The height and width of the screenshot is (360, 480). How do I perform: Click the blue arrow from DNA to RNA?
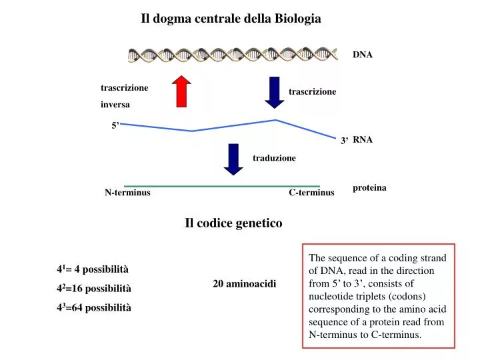click(274, 92)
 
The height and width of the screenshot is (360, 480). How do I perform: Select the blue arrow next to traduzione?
click(233, 159)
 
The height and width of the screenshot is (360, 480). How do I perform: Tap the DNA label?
click(363, 55)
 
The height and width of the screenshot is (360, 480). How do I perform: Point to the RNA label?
click(363, 139)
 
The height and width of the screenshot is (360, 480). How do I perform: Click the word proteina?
click(369, 188)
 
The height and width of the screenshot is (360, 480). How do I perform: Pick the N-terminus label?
click(127, 193)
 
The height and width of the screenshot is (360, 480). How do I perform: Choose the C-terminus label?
click(311, 193)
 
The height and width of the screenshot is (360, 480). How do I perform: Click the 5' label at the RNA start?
click(115, 125)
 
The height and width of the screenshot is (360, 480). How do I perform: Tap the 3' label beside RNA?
click(345, 141)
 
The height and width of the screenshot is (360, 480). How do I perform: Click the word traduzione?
click(274, 158)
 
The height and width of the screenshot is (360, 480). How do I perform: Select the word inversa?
click(115, 105)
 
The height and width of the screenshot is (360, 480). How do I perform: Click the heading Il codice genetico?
click(233, 223)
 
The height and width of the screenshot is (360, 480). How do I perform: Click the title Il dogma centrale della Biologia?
click(231, 19)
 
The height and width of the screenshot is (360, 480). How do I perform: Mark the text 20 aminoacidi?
click(244, 284)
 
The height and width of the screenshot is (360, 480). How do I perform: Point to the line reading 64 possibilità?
click(94, 307)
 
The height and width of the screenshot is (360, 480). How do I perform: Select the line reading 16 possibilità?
click(94, 288)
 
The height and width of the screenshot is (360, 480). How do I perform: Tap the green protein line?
click(222, 186)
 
